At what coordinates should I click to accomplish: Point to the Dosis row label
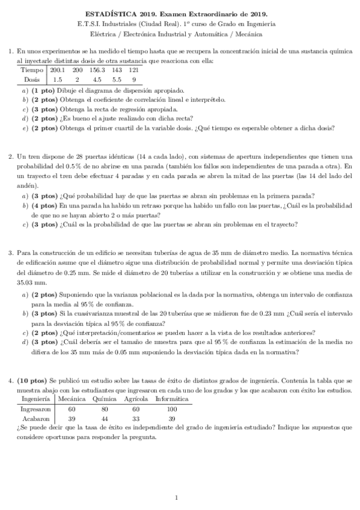coord(32,79)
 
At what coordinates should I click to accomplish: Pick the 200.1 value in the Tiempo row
coord(58,70)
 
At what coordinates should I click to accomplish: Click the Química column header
coord(105,399)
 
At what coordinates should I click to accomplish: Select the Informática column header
coord(171,399)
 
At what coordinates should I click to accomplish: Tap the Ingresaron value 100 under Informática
coord(171,408)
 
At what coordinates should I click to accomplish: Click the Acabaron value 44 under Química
coord(105,418)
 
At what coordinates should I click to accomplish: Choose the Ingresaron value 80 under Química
coord(105,408)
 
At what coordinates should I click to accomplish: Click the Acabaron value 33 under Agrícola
coord(136,418)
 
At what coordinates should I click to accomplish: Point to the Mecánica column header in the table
coord(72,399)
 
